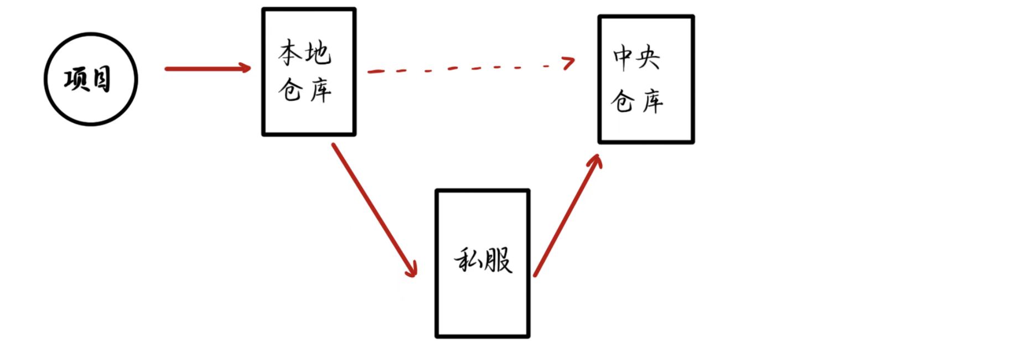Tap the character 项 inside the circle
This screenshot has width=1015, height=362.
[76, 79]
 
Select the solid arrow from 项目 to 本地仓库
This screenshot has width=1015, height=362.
[205, 69]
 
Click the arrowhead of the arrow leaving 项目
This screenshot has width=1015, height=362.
[245, 68]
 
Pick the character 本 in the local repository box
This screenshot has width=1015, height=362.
[291, 53]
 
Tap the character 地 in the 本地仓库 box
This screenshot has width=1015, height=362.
[319, 53]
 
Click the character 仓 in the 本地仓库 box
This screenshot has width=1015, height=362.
[291, 89]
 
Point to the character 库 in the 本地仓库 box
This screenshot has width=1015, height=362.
[320, 90]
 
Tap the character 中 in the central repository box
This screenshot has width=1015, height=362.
[623, 57]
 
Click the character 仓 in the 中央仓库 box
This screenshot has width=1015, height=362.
[623, 101]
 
